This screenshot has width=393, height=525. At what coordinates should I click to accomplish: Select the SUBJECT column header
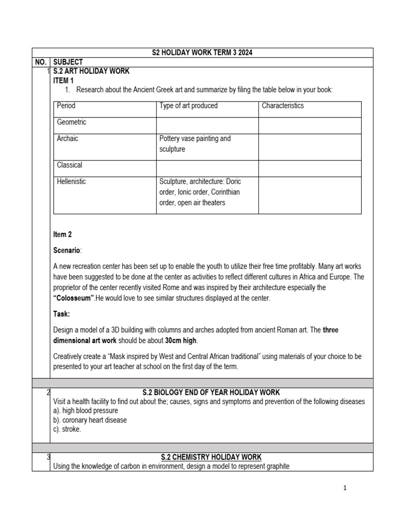[x=68, y=62]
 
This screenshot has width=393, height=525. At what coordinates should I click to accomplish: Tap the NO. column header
[x=40, y=62]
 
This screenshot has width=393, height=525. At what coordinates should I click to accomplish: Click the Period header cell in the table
[x=66, y=106]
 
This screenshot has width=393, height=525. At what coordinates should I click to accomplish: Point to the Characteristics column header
[x=282, y=106]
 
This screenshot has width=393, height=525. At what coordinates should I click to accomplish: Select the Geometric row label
[x=72, y=122]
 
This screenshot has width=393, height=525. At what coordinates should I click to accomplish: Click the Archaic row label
[x=68, y=138]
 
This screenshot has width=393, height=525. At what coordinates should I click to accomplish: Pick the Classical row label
[x=70, y=165]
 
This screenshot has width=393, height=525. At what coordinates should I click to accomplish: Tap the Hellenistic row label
[x=72, y=181]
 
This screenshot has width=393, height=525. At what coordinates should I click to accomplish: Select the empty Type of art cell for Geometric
[x=207, y=126]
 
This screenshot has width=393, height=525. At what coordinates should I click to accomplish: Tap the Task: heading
[x=62, y=313]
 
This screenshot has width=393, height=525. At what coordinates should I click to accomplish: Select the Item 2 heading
[x=62, y=234]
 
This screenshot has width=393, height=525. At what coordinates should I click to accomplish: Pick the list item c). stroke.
[x=67, y=429]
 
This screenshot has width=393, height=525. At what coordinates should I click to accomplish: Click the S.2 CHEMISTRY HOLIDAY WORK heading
[x=211, y=457]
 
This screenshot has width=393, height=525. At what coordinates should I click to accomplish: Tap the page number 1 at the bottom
[x=345, y=488]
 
